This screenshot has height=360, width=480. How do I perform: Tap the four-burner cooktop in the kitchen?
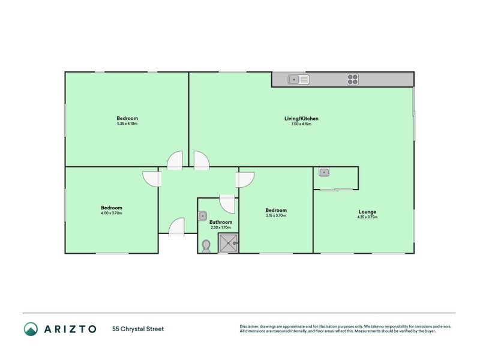352,79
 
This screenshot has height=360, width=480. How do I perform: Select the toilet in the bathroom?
206,245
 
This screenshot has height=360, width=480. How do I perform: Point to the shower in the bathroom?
228,242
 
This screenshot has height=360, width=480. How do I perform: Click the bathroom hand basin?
202,214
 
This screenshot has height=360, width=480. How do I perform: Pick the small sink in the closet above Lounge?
323,173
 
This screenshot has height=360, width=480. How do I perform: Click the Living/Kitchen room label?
301,119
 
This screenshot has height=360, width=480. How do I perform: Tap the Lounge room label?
367,212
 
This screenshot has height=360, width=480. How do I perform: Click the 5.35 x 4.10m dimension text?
127,124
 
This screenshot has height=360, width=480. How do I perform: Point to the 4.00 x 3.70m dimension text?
112,213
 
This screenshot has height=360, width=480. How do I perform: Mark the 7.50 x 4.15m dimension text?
301,124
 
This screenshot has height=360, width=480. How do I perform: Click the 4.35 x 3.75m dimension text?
367,217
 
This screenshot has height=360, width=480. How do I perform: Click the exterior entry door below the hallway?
176,227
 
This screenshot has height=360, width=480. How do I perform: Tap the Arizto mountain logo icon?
31,329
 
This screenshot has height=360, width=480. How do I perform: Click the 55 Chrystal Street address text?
137,329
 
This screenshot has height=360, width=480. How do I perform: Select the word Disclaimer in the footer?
251,326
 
